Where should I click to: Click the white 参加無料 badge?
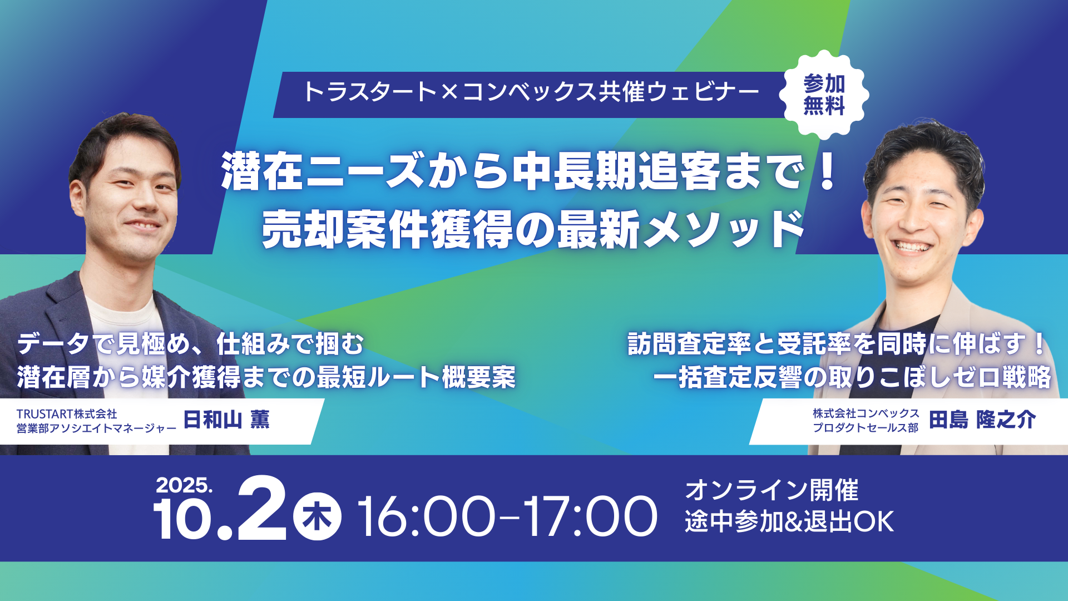pos(824,95)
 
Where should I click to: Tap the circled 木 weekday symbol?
pos(317,516)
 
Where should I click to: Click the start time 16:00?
pos(426,516)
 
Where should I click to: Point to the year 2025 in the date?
pos(184,485)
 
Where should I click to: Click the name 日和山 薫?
pos(226,420)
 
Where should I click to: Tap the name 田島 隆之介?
pos(982,420)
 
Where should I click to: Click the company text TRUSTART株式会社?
pos(67,414)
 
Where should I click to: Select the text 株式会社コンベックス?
pos(866,413)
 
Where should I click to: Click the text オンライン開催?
pos(772,490)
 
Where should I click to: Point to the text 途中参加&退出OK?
pos(789,521)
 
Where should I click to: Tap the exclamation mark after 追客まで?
pos(828,171)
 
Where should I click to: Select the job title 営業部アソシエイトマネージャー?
pos(96,428)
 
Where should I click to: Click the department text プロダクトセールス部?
pos(866,427)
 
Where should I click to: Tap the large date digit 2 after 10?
pos(262,508)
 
